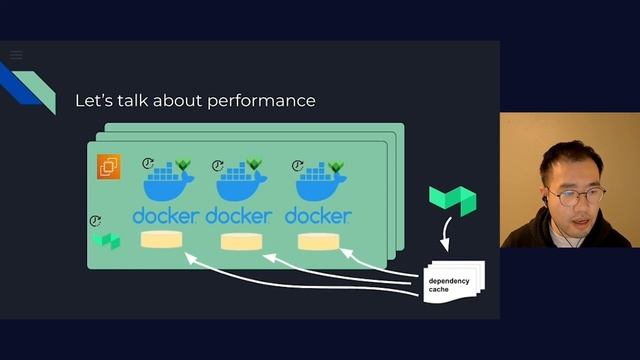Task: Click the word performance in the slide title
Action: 262,101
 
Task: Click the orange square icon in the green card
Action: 108,167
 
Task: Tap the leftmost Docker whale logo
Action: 167,185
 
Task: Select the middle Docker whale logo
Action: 241,185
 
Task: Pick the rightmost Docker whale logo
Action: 319,185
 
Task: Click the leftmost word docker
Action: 166,215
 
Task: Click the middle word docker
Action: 239,215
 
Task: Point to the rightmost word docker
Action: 318,215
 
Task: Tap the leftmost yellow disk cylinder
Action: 162,240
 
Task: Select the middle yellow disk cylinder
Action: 240,241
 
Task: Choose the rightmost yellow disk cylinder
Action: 318,241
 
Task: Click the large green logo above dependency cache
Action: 452,200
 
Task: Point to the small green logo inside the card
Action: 106,241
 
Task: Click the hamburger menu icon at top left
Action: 16,55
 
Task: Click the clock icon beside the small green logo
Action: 96,221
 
